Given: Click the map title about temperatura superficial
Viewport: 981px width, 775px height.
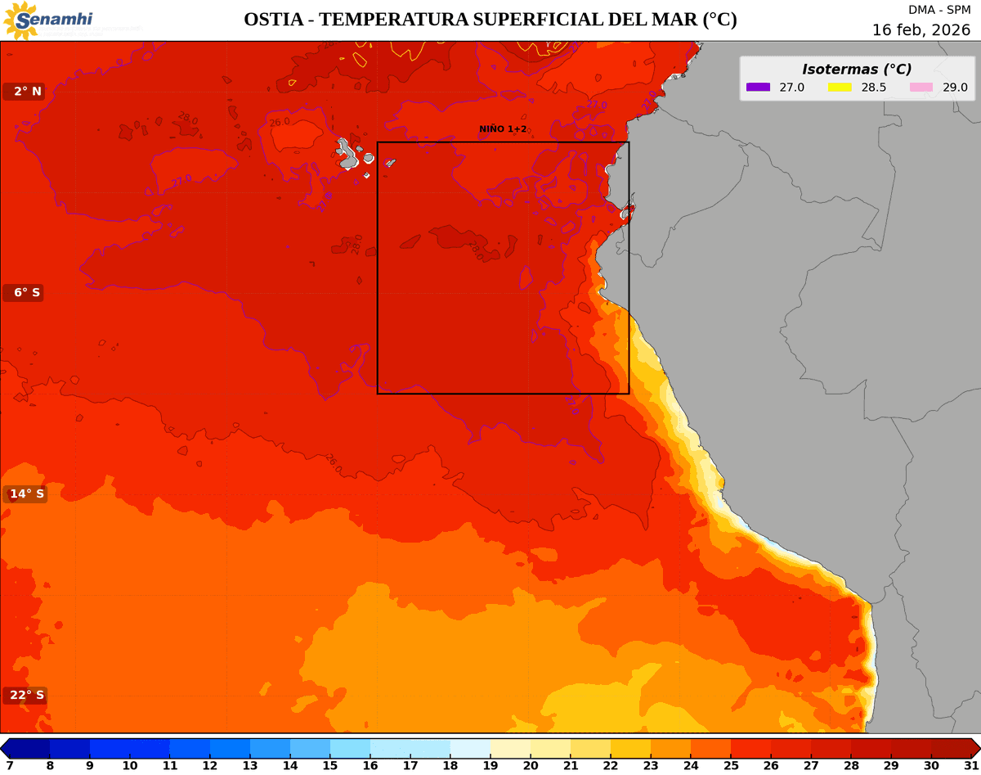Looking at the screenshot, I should click(490, 20).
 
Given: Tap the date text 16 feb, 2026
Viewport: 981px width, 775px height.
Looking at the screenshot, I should click(921, 29).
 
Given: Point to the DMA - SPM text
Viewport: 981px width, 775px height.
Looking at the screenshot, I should click(939, 10).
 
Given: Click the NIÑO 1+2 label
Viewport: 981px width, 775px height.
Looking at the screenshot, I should click(503, 129).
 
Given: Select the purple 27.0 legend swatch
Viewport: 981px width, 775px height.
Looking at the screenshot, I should click(758, 88).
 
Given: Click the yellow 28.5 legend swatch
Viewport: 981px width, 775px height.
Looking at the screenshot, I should click(840, 88).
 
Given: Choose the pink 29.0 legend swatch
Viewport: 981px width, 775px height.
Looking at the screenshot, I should click(921, 88).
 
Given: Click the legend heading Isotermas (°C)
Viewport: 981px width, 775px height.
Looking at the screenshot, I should click(856, 70).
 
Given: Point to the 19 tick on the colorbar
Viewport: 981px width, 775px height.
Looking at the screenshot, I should click(490, 765).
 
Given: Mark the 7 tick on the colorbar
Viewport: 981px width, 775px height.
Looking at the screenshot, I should click(10, 765).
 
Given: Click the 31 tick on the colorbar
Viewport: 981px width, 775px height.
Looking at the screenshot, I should click(971, 765).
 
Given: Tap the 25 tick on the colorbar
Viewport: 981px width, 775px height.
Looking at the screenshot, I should click(731, 765).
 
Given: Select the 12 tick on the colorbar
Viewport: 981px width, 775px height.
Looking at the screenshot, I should click(210, 765).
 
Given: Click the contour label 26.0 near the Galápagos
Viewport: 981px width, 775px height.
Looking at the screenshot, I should click(280, 123).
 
